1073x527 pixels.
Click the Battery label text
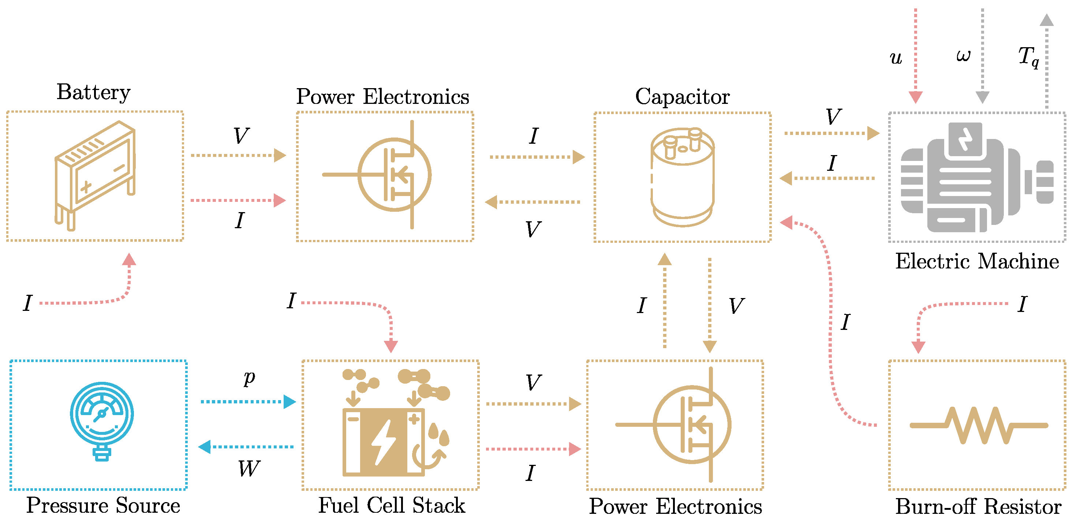click(93, 92)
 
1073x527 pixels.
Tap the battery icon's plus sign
click(86, 187)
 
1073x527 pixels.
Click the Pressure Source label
click(103, 505)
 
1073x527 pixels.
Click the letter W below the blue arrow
click(249, 469)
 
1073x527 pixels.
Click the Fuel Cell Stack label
click(391, 505)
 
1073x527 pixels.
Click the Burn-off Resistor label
click(978, 507)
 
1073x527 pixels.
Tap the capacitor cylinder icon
click(682, 177)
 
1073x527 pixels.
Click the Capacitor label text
click(682, 97)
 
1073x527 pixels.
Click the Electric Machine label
click(977, 261)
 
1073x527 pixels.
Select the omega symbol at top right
click(963, 55)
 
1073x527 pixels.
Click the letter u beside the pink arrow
click(896, 58)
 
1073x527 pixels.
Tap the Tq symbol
click(1028, 56)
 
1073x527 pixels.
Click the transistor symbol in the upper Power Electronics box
click(394, 175)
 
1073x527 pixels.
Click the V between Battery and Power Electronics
click(241, 136)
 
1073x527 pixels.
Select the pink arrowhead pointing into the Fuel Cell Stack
click(391, 346)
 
